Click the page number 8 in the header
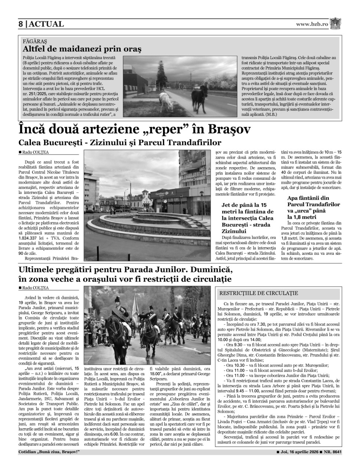pos(21,24)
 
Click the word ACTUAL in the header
pos(46,24)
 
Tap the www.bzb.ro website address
pos(312,24)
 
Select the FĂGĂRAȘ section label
pos(35,41)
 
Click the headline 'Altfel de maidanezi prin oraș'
pos(82,49)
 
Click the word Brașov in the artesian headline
pos(223,130)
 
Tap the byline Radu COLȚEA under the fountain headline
pos(35,152)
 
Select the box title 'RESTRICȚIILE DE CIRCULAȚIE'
pos(259,293)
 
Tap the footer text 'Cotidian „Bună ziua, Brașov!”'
pos(49,452)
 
